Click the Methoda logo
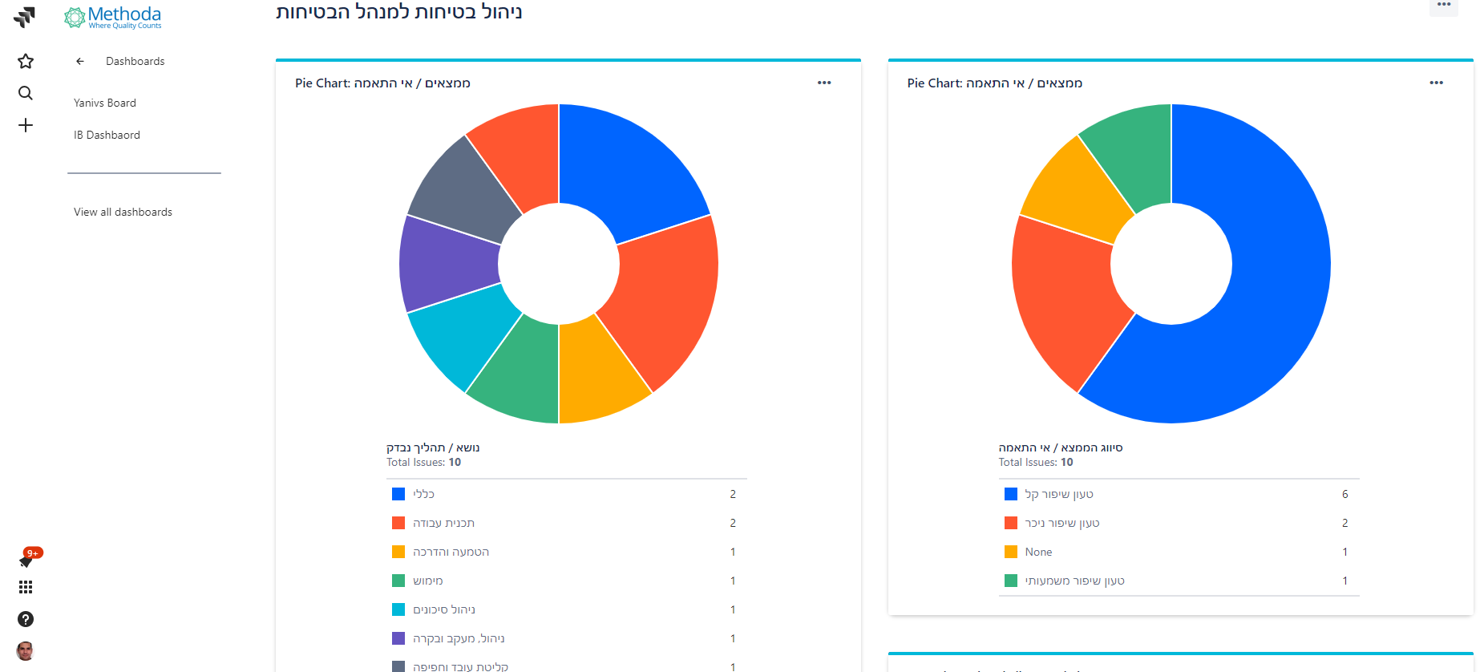point(113,18)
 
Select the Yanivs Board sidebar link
point(105,103)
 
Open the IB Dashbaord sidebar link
point(107,135)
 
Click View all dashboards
point(123,212)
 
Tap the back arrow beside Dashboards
point(80,61)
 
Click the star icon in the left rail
point(26,61)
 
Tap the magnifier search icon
point(26,93)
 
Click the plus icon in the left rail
point(26,125)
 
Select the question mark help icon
point(26,619)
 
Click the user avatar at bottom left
point(26,650)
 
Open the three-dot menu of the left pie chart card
point(824,83)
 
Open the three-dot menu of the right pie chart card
point(1436,83)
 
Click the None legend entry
point(1038,552)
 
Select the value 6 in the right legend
point(1344,494)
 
